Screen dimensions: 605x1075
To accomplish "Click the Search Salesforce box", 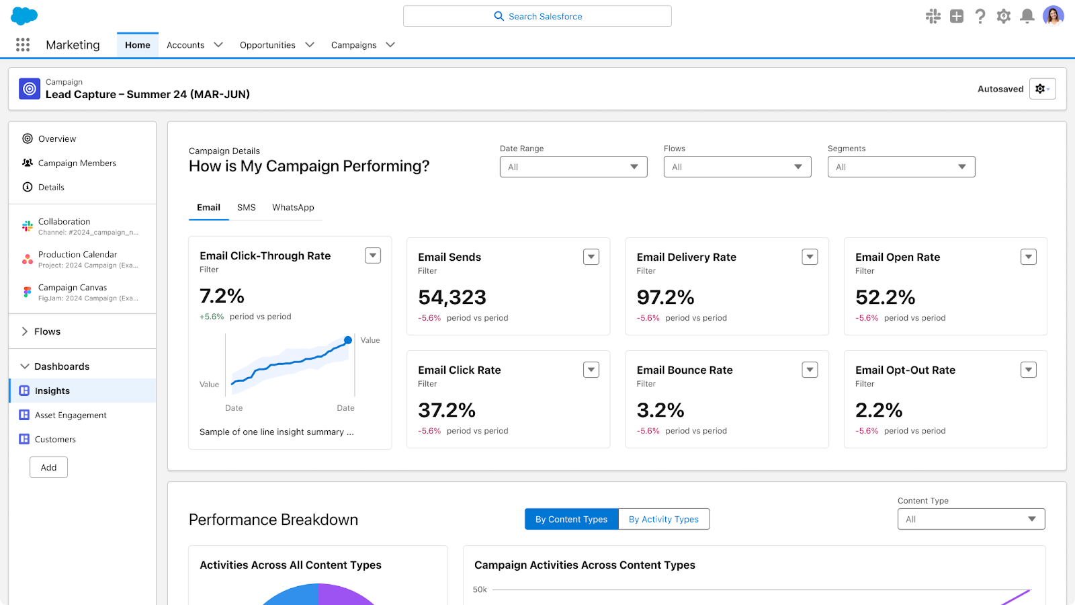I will [x=537, y=16].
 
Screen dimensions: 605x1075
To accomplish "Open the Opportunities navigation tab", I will [x=267, y=45].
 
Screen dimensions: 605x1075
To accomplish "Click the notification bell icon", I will [x=1027, y=16].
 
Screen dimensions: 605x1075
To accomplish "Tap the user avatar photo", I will [x=1053, y=15].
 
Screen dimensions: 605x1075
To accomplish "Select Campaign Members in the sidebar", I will [x=77, y=163].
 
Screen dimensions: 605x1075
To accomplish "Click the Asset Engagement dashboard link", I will [x=71, y=415].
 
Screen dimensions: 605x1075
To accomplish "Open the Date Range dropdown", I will [x=573, y=167].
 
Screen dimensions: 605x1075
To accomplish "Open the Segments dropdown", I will [x=900, y=167].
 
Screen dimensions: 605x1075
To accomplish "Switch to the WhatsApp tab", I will [x=293, y=207].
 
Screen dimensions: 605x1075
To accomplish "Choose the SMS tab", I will [x=246, y=207].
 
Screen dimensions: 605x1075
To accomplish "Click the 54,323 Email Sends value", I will [x=451, y=297].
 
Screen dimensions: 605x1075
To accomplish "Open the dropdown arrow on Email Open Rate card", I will [x=1028, y=257].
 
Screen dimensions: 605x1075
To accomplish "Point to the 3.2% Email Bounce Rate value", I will [x=660, y=410].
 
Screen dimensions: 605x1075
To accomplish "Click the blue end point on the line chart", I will [x=348, y=340].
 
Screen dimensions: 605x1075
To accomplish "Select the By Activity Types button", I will [x=663, y=519].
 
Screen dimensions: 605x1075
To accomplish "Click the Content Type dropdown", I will [x=971, y=519].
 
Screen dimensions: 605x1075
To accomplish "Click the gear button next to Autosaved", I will [x=1042, y=89].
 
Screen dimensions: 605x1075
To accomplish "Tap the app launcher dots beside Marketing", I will [x=23, y=44].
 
